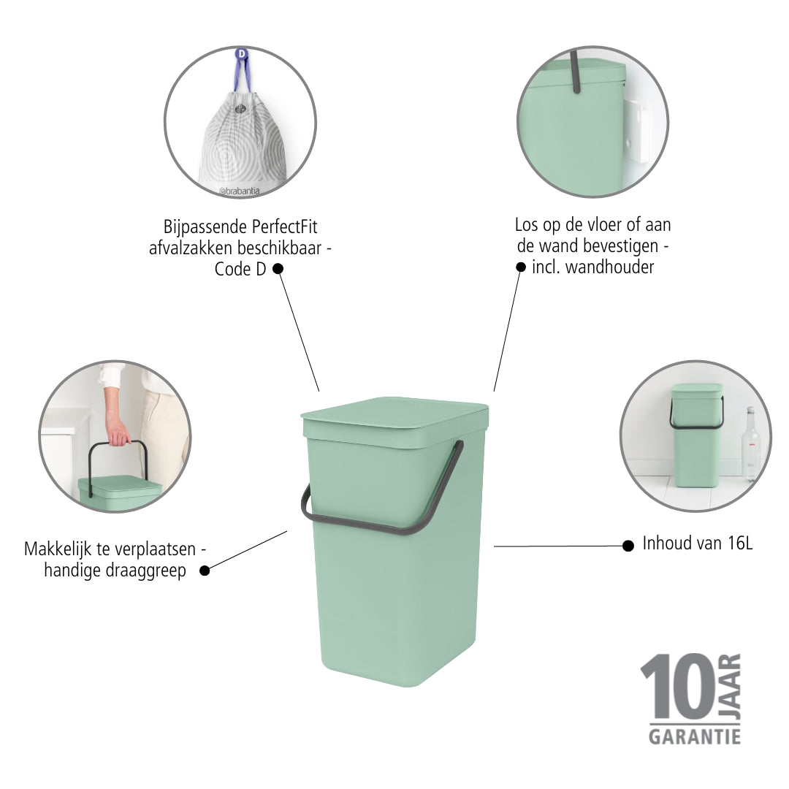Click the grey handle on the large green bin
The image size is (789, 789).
pyautogui.click(x=382, y=526)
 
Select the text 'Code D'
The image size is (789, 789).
pyautogui.click(x=240, y=269)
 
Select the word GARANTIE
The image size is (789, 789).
pyautogui.click(x=695, y=737)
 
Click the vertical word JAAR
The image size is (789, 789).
pyautogui.click(x=730, y=686)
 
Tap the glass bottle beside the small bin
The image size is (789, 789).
pyautogui.click(x=750, y=445)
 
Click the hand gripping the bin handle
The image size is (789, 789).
pyautogui.click(x=118, y=432)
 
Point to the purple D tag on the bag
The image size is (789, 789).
pyautogui.click(x=242, y=53)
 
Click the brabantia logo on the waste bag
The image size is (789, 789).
pyautogui.click(x=240, y=191)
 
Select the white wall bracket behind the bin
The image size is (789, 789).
pyautogui.click(x=636, y=131)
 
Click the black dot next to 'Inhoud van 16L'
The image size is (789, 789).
pyautogui.click(x=628, y=546)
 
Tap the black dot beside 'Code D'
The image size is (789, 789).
pyautogui.click(x=278, y=269)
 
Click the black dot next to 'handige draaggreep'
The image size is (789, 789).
pyautogui.click(x=205, y=571)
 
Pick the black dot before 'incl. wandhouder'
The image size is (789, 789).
pyautogui.click(x=521, y=267)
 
